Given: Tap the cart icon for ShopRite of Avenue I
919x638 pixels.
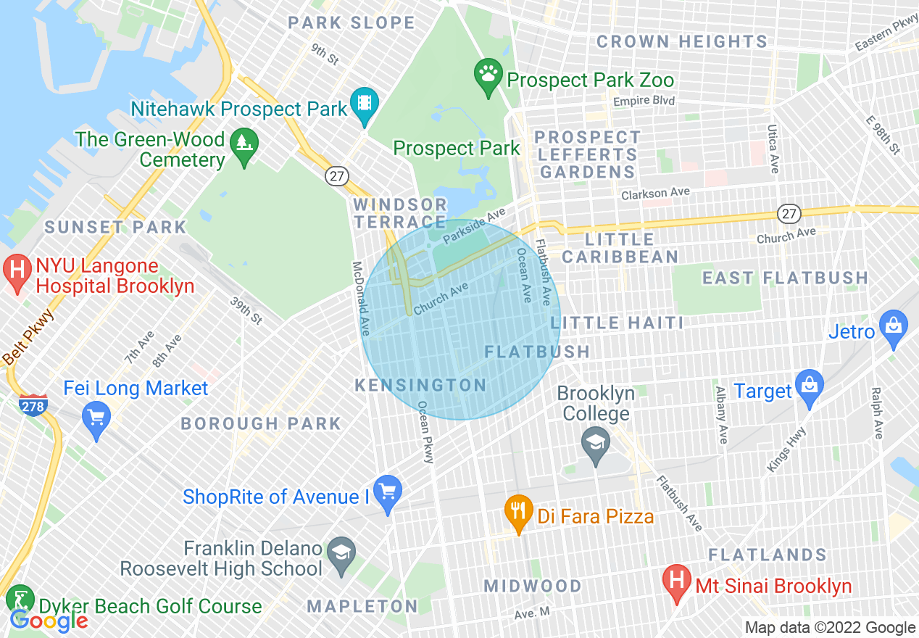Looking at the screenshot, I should tap(387, 492).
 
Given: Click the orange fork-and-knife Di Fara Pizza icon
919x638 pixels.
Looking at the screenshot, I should tap(517, 510).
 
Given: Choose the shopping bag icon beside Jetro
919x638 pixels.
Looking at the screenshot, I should tap(893, 326).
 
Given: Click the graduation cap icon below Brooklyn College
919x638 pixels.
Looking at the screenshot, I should tap(596, 443).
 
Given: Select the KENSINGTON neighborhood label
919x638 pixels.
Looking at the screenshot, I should tap(420, 385).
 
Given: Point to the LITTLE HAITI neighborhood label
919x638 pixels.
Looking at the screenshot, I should tap(621, 323).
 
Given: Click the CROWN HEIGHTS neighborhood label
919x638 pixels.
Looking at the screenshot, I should tap(681, 41).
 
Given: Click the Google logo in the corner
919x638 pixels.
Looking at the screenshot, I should tap(49, 621).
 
